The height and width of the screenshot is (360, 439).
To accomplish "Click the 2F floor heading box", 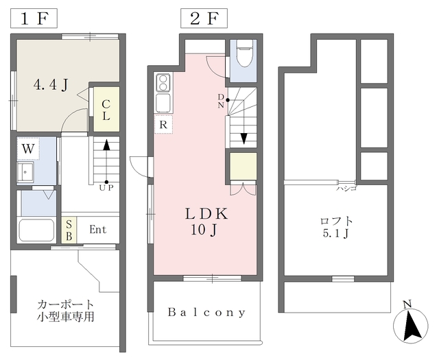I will (x=204, y=18).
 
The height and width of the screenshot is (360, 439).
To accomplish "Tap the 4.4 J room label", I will (x=51, y=86).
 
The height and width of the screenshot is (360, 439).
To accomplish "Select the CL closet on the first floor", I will (x=106, y=110).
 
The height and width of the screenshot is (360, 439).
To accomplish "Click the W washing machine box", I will (x=28, y=148).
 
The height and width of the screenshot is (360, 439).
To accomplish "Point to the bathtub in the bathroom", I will (x=36, y=229).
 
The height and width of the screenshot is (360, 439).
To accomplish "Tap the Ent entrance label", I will (x=97, y=229).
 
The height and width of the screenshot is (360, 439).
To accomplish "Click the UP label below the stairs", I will (x=106, y=187).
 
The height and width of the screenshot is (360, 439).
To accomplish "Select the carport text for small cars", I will (x=66, y=311).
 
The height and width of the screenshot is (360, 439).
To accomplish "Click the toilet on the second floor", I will (x=244, y=53).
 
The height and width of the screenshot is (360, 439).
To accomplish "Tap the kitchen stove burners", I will (x=163, y=82).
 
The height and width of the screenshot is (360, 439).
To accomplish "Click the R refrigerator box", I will (x=163, y=125).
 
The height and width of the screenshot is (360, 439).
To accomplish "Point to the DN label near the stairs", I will (x=221, y=101).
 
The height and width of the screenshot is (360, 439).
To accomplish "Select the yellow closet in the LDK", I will (x=243, y=167).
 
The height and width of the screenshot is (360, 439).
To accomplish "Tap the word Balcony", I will (x=207, y=312).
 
